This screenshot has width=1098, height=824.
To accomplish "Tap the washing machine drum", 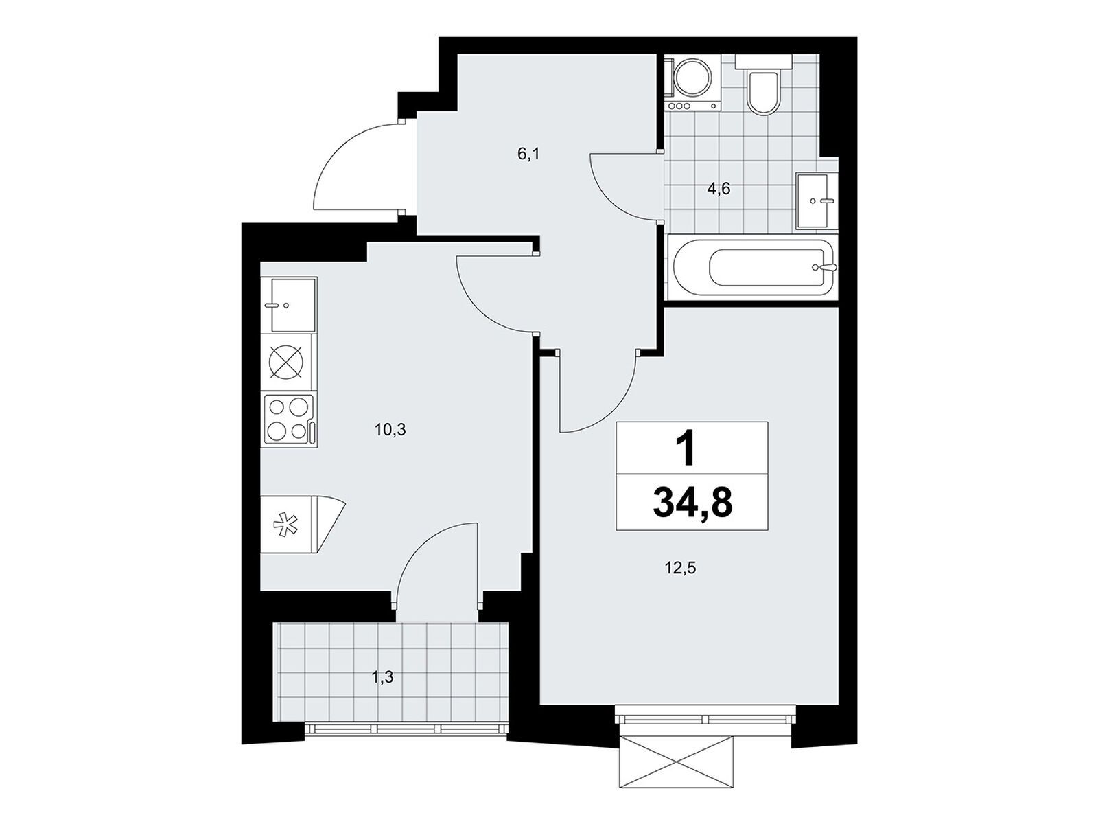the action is point(692,80).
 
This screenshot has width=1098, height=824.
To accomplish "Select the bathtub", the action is point(753,268).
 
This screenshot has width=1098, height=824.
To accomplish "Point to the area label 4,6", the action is point(719,189).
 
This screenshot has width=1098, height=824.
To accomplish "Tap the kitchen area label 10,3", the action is point(390,429).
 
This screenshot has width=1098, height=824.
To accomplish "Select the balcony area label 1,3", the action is point(382,678).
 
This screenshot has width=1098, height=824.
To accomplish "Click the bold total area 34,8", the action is point(692,503).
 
